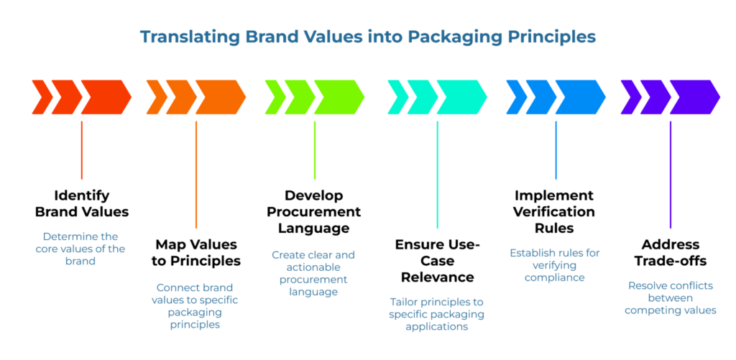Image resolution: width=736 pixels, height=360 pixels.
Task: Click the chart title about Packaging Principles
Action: coord(367,36)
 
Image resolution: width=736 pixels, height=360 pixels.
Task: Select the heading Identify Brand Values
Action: coord(82,203)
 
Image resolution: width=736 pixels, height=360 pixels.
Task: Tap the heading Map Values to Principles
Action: coord(196,252)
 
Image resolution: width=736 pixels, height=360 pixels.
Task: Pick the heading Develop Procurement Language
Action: coord(313,212)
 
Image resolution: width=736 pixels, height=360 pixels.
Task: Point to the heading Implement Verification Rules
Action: coord(554,212)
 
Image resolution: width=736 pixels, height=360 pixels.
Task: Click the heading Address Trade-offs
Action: coord(670,252)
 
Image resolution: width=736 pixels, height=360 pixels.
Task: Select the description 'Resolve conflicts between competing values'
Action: coord(670,297)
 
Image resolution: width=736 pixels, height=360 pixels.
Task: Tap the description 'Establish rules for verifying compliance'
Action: coord(554,264)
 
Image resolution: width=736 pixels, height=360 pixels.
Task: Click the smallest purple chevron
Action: coord(630,97)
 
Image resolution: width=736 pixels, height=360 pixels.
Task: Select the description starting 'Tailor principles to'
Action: coord(437,314)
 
